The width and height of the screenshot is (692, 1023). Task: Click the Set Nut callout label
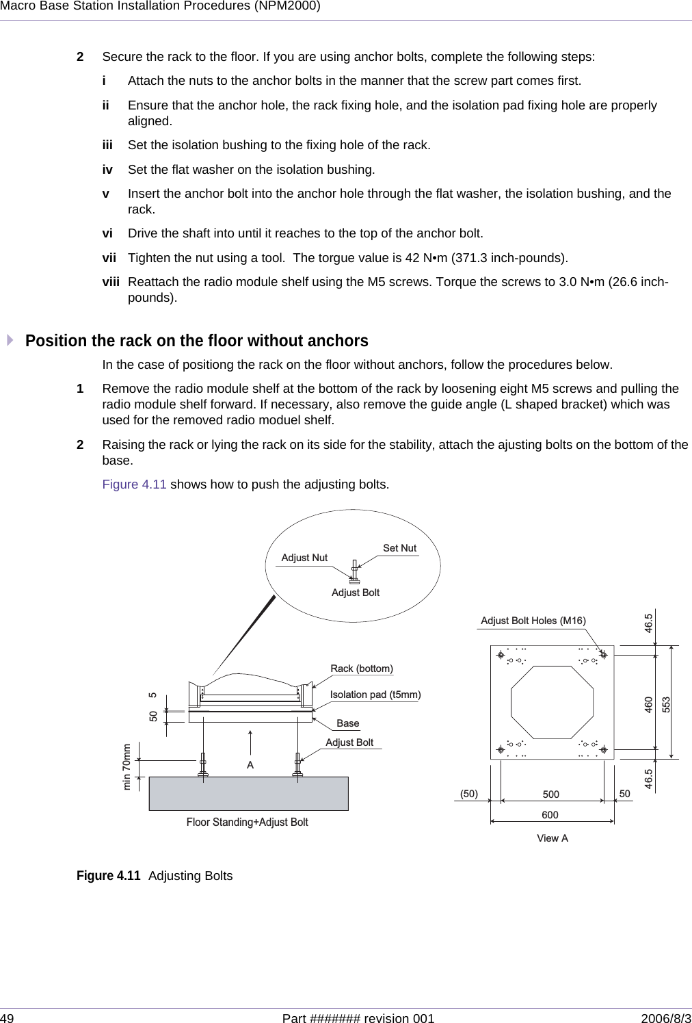click(x=399, y=548)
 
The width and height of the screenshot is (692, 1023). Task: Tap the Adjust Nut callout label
click(x=304, y=558)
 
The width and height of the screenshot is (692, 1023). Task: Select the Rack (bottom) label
click(x=362, y=669)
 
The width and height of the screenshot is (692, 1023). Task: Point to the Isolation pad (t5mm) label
click(x=375, y=695)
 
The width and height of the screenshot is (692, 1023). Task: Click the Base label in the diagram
click(x=348, y=723)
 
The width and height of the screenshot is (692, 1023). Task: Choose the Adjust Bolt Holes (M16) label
click(x=533, y=621)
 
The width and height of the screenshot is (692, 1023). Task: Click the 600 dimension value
click(x=550, y=815)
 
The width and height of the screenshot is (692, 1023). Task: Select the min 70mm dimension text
click(x=127, y=766)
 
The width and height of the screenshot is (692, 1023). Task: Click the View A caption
click(x=553, y=838)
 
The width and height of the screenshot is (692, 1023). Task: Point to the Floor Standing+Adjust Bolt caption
click(x=248, y=823)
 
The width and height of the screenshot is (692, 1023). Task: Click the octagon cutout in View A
click(x=552, y=702)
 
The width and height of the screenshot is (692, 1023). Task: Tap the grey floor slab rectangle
click(x=249, y=794)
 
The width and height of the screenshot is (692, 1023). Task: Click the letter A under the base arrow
click(x=251, y=765)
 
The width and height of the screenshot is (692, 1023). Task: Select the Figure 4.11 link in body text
click(x=134, y=484)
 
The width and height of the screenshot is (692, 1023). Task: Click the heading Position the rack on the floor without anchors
click(x=197, y=341)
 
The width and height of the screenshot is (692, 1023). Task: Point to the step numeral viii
click(x=110, y=283)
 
